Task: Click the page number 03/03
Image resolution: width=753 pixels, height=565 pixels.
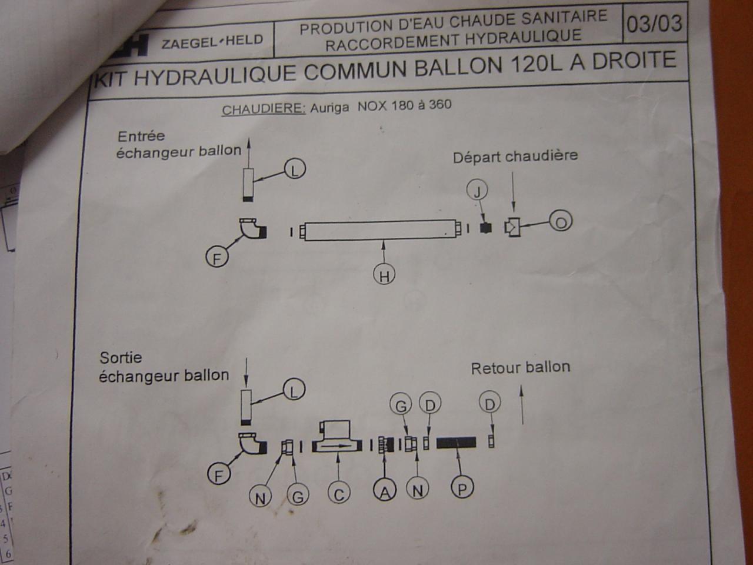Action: (654, 24)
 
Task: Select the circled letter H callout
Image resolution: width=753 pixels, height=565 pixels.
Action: (384, 275)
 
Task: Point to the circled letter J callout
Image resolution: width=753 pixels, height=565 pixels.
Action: (477, 191)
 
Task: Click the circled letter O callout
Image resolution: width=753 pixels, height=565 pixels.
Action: (561, 222)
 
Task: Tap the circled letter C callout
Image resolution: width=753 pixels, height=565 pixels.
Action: (338, 494)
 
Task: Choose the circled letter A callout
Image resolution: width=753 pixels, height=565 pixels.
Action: (385, 491)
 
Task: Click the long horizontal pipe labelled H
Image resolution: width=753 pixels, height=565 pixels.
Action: (379, 231)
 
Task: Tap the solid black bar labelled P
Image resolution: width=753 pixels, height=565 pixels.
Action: (456, 442)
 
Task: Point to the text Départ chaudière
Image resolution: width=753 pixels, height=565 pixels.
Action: (515, 157)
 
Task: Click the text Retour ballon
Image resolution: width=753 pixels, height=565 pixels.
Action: (521, 368)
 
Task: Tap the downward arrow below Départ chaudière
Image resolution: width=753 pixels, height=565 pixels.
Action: (514, 192)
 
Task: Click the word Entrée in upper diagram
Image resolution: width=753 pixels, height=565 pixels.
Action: (141, 136)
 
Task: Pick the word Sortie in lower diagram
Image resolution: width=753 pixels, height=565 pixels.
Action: (121, 357)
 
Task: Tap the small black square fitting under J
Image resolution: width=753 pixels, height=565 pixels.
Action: (485, 228)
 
